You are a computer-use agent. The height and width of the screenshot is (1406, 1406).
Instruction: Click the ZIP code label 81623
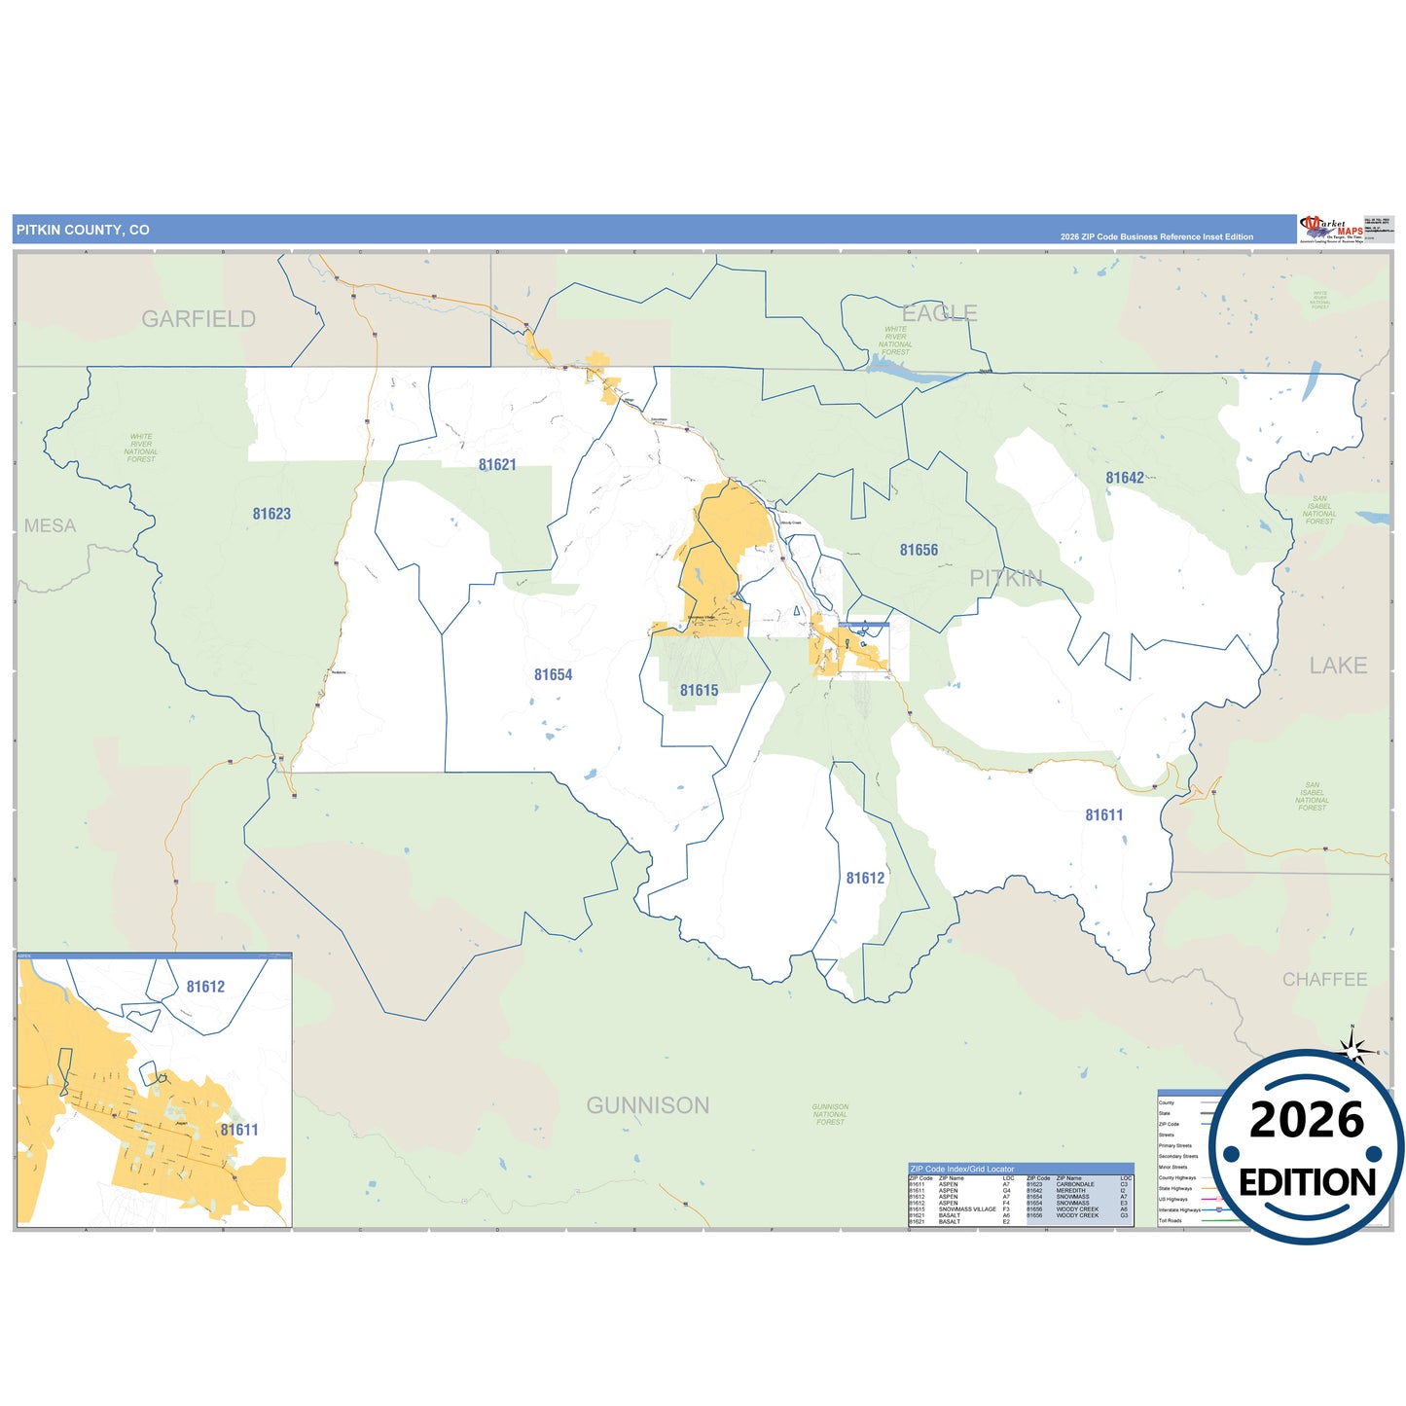271,514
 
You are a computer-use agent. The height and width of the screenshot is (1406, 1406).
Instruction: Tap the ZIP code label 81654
553,674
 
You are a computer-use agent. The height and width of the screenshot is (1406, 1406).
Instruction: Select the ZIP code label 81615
699,690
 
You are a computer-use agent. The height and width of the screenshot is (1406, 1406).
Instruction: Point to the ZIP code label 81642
1125,478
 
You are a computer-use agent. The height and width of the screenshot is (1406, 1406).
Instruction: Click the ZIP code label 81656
919,550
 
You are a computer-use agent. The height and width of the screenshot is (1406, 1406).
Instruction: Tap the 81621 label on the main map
497,465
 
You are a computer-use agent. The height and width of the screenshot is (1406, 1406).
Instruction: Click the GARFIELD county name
198,319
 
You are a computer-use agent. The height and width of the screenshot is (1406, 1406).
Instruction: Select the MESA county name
50,525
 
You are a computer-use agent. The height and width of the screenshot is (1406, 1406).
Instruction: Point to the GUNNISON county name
647,1105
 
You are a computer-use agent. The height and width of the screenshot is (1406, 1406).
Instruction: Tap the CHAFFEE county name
1324,979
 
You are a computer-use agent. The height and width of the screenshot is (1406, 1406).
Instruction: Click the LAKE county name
1338,666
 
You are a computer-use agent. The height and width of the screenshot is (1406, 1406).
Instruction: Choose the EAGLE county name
939,313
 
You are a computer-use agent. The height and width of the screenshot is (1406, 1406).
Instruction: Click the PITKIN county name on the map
1006,578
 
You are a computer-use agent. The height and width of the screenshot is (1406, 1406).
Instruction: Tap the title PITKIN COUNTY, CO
83,230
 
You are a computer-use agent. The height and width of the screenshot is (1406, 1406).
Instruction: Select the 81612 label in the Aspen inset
205,987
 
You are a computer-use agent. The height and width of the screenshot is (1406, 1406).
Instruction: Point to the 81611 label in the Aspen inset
239,1130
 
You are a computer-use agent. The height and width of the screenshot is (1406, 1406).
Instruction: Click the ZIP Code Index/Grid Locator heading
961,1169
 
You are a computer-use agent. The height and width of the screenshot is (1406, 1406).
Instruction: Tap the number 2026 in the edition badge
1307,1120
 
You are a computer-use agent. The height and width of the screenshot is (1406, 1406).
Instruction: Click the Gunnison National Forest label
830,1114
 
